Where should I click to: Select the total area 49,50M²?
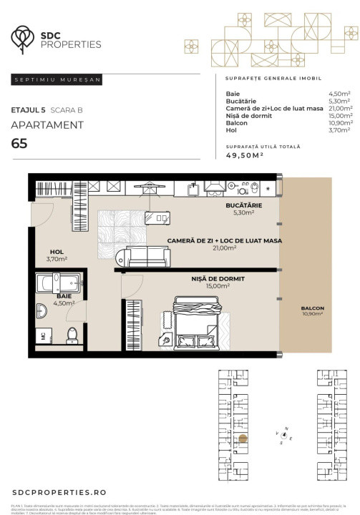[x=245, y=154]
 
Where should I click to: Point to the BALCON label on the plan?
[x=312, y=308]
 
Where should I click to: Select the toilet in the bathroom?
[x=72, y=335]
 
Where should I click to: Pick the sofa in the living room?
[x=146, y=255]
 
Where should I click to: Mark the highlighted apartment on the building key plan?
[x=243, y=440]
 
